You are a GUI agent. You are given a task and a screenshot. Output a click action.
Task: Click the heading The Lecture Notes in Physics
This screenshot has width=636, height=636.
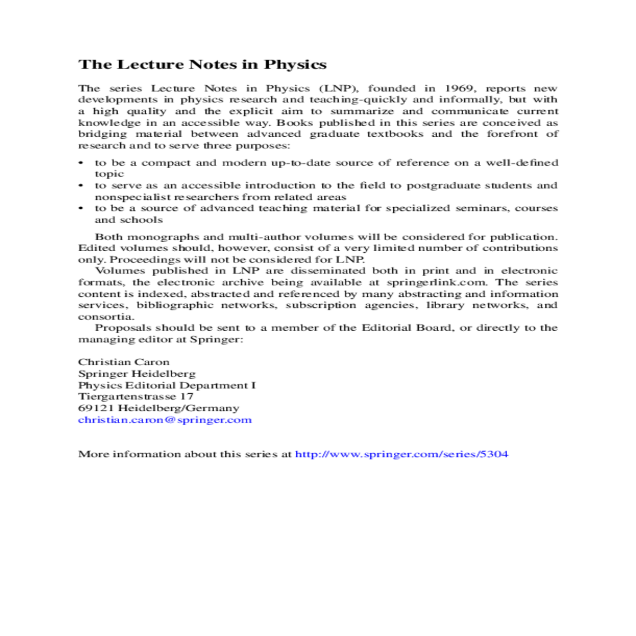(x=202, y=65)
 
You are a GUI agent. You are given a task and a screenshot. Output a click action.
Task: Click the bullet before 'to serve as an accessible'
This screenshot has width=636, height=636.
(x=81, y=185)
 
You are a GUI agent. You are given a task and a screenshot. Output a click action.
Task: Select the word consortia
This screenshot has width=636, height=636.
(x=105, y=317)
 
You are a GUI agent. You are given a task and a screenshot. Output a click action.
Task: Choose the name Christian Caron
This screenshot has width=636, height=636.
(x=124, y=363)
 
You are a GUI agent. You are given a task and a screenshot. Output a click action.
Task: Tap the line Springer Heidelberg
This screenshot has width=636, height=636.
(x=137, y=374)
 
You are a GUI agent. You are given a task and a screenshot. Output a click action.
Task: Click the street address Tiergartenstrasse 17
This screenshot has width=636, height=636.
(x=136, y=396)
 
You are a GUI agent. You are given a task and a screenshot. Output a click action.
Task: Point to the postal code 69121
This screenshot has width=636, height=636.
(x=96, y=408)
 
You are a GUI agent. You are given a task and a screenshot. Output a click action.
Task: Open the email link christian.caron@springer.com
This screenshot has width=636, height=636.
(x=165, y=420)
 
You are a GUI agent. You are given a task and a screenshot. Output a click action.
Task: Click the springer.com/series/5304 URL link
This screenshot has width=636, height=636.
(x=402, y=454)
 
